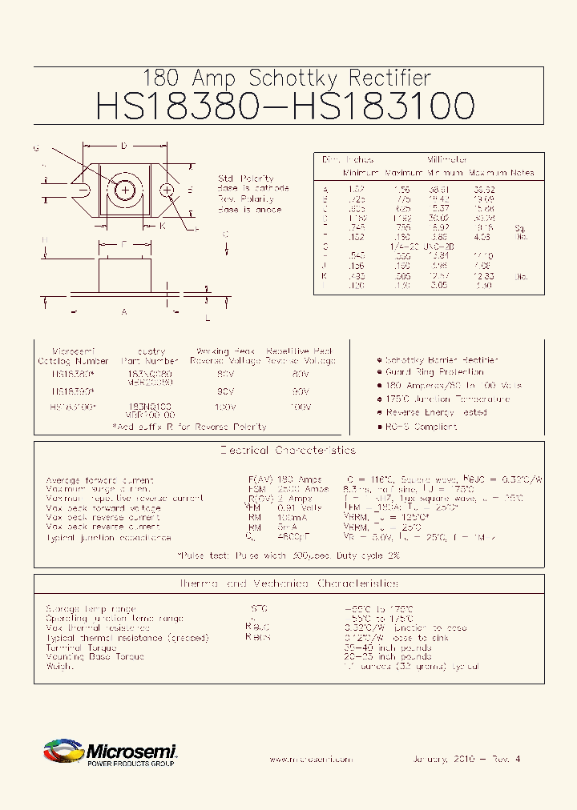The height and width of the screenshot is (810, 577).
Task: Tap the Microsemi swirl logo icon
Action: pyautogui.click(x=63, y=752)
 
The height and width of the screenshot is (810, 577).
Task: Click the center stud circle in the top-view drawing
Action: pyautogui.click(x=125, y=190)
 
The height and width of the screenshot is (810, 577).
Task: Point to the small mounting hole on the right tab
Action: pyautogui.click(x=167, y=190)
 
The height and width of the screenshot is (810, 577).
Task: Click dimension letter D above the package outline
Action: pyautogui.click(x=124, y=146)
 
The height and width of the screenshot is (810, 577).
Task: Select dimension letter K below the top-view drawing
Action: pyautogui.click(x=163, y=226)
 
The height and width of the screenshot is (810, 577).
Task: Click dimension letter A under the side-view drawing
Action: pyautogui.click(x=124, y=311)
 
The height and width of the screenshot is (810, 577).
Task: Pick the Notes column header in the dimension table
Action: pyautogui.click(x=523, y=172)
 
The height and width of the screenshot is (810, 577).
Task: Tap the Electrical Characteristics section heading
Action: pyautogui.click(x=288, y=451)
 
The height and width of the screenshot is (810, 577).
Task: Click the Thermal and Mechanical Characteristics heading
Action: pyautogui.click(x=288, y=584)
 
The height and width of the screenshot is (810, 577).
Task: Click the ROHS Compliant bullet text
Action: pyautogui.click(x=421, y=427)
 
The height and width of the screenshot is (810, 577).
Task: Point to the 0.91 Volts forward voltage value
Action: pyautogui.click(x=301, y=508)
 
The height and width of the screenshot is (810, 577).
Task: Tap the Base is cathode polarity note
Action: pyautogui.click(x=250, y=189)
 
